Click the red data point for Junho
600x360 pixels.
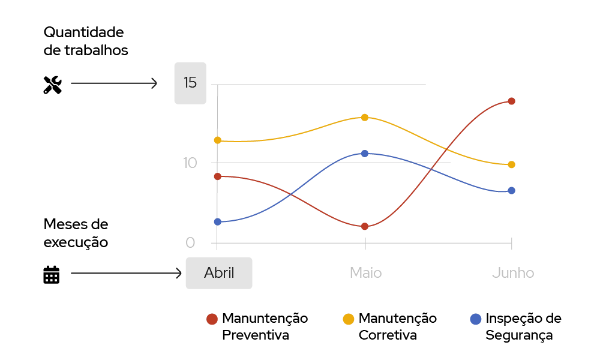click(511, 101)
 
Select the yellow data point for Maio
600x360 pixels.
click(365, 117)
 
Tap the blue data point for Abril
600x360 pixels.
click(218, 222)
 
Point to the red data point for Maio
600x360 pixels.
click(365, 226)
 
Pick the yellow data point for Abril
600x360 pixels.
click(218, 140)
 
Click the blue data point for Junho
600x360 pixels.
click(511, 191)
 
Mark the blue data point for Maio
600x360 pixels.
click(365, 154)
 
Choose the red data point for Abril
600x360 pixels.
click(218, 176)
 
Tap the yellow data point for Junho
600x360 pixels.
click(511, 164)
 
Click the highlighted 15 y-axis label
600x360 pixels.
click(190, 83)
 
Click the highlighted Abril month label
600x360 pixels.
click(219, 273)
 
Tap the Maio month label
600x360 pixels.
click(365, 273)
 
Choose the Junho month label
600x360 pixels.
click(513, 273)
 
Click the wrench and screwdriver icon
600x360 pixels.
click(53, 85)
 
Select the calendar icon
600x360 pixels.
click(52, 274)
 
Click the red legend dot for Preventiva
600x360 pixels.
click(212, 319)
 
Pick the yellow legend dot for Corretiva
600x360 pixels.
click(348, 319)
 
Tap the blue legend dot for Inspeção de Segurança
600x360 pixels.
click(476, 319)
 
